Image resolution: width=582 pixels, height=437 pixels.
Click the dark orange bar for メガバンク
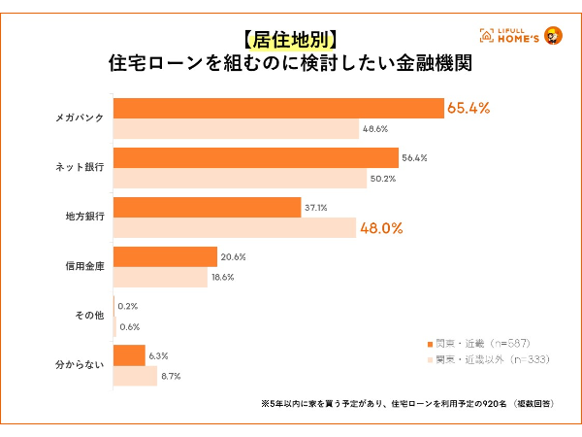pos(279,108)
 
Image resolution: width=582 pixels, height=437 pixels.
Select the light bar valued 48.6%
pos(236,129)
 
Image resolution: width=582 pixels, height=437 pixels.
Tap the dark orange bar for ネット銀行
pos(256,157)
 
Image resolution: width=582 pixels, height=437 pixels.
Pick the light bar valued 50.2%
pos(240,179)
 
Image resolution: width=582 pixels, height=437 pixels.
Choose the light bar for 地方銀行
pos(235,228)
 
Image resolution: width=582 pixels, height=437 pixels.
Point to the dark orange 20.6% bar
pos(165,256)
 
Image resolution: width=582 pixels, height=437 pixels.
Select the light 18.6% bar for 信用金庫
pos(160,278)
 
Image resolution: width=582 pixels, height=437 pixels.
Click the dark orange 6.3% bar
pos(129,354)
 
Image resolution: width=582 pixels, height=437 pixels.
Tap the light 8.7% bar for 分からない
pos(135,376)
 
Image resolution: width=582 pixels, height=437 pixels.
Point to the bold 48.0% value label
pos(383,229)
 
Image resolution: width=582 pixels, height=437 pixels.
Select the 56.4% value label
pos(415,157)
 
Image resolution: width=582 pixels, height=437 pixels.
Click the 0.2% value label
pos(127,305)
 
